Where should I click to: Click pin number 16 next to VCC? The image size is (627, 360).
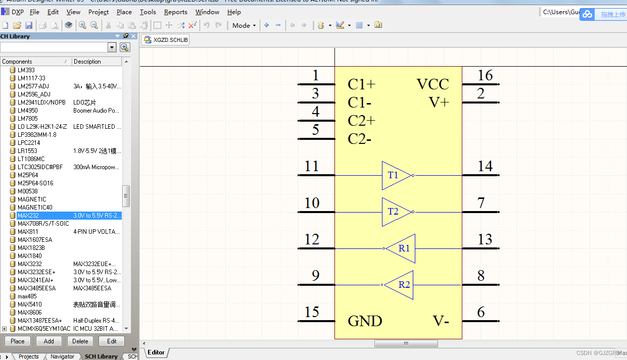(x=485, y=76)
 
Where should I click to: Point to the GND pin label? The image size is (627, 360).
(x=365, y=321)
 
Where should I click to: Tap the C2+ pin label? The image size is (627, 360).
(x=361, y=121)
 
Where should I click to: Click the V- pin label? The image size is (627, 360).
(x=441, y=321)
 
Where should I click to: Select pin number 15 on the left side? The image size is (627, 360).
(x=312, y=312)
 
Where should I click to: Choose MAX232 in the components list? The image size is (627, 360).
(x=28, y=216)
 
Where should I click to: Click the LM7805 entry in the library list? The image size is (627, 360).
(x=28, y=119)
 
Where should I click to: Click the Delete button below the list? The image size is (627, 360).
(x=80, y=341)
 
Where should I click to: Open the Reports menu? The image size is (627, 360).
(x=175, y=12)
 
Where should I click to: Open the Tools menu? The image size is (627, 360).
(x=148, y=12)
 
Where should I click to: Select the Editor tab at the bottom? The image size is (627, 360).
(x=156, y=352)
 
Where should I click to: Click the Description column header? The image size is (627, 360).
(x=87, y=62)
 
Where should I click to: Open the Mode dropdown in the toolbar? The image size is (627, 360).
(x=244, y=25)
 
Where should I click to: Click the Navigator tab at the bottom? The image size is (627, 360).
(x=62, y=356)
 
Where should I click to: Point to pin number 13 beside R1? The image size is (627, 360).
(x=485, y=239)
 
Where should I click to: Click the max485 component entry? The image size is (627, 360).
(x=28, y=296)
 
